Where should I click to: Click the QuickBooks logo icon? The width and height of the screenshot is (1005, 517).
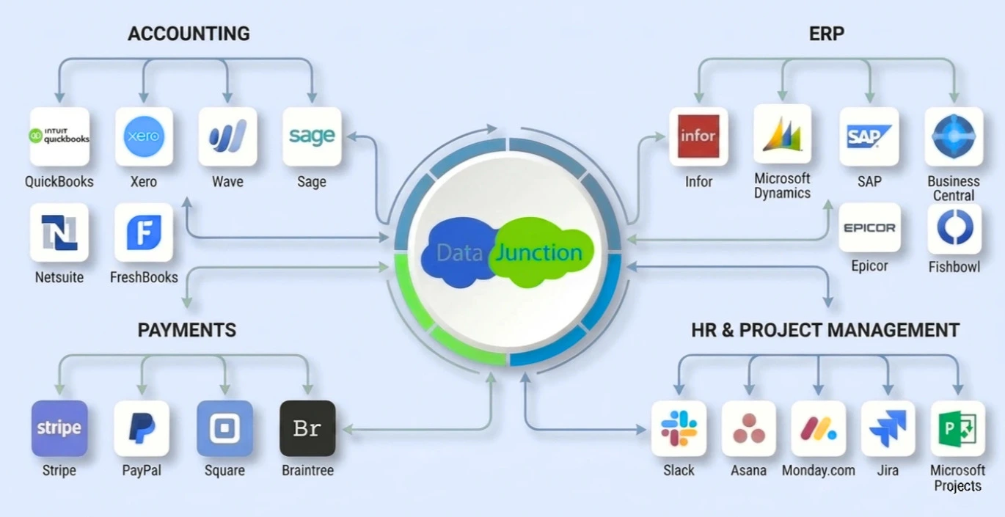point(59,136)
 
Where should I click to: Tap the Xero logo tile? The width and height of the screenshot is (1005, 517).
point(144,136)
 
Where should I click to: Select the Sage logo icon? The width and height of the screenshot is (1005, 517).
point(312,136)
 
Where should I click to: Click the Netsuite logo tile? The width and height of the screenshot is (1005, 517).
point(59,232)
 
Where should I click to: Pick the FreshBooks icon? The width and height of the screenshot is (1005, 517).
point(144,232)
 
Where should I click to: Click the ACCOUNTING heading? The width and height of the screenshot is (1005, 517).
point(189,34)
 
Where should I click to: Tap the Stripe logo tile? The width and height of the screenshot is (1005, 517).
point(59,428)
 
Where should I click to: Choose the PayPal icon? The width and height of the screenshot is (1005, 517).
point(142,428)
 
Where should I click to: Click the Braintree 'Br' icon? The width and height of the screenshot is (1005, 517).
point(307,428)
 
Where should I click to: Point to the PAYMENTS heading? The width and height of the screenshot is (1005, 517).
point(187,330)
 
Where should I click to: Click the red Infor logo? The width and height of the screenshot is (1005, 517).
point(698,136)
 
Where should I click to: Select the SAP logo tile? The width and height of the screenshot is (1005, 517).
point(869,136)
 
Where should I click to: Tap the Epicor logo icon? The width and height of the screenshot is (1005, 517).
point(869,228)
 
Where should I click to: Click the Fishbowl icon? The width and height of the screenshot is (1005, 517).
point(954,228)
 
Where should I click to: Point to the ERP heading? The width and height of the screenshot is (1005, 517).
point(826,34)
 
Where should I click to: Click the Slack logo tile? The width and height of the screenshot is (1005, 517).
point(679,428)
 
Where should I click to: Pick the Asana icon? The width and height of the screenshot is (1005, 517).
point(748,428)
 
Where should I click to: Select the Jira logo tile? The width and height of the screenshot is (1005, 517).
point(888,428)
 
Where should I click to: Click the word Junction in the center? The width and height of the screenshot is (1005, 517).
point(539,253)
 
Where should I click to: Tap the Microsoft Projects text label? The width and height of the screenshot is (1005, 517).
point(957,478)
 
